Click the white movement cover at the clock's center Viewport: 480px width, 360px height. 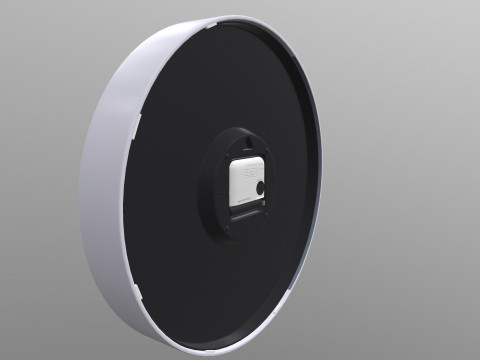tap(244, 180)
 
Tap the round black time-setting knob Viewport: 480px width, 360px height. tap(260, 186)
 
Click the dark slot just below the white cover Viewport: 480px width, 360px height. tap(248, 212)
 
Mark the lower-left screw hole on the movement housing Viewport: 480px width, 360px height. tap(222, 226)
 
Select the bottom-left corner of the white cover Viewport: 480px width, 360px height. tap(233, 204)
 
